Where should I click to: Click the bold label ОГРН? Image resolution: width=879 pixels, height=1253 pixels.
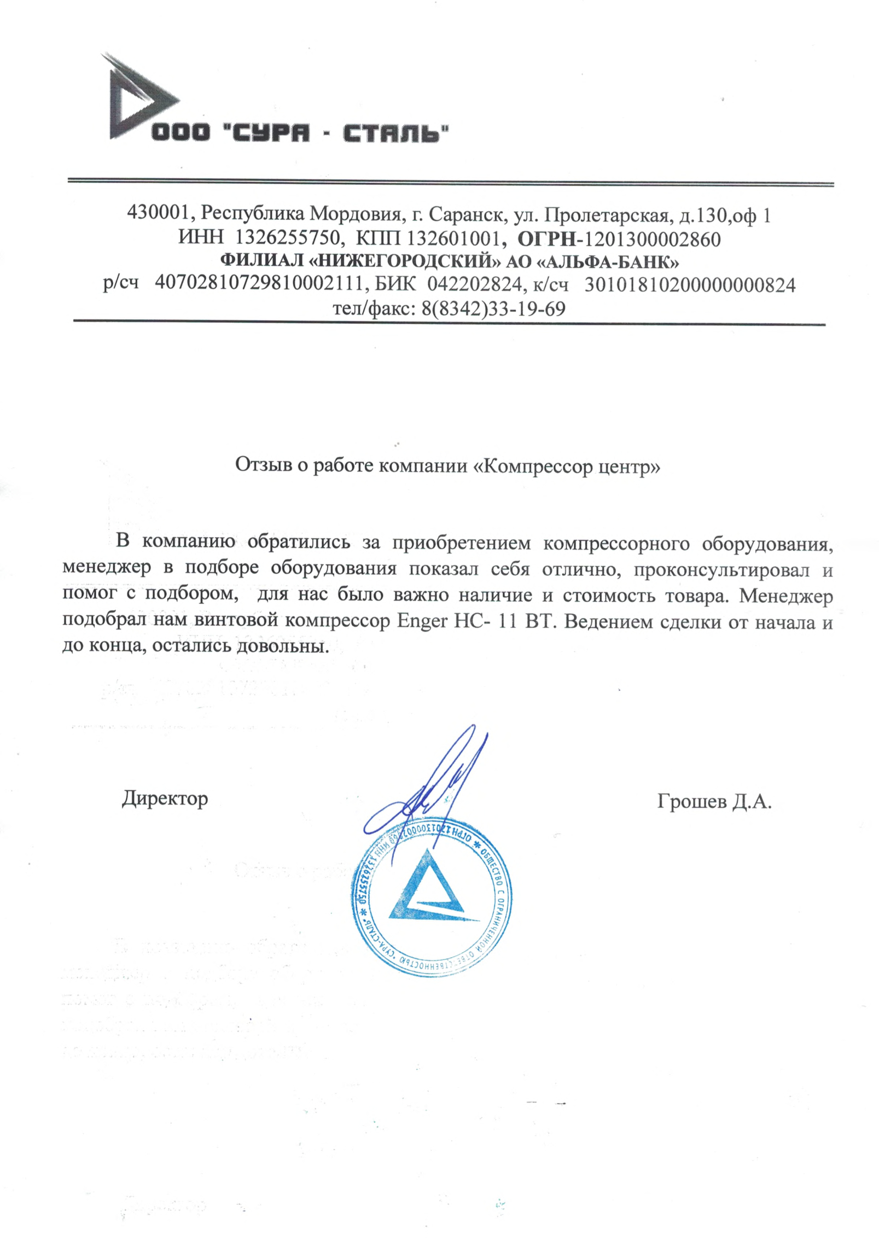coord(548,238)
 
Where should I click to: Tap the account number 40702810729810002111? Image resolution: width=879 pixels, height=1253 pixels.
coord(259,285)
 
